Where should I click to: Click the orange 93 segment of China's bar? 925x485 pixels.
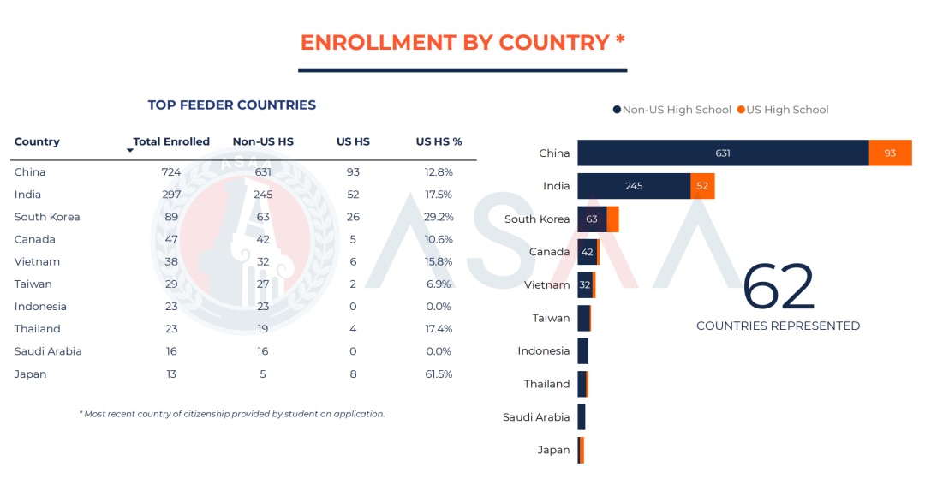890,153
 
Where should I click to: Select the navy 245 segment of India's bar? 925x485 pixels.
634,186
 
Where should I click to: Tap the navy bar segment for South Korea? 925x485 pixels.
592,219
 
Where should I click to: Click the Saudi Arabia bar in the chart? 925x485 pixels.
582,417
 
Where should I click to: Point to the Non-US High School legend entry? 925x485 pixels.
672,110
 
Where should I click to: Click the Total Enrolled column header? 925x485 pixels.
171,141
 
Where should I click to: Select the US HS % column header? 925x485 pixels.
439,141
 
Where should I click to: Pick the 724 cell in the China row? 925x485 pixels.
171,172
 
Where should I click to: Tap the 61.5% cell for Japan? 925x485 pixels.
439,374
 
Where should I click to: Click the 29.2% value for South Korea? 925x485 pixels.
439,217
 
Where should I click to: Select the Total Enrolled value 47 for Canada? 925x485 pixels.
171,239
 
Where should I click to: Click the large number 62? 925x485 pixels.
778,288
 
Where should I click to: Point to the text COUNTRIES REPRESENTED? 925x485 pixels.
778,326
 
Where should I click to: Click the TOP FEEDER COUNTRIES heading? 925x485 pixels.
232,105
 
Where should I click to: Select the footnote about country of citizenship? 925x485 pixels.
232,414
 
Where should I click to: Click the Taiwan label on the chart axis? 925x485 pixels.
551,318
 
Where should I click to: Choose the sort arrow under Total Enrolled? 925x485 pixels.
130,151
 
